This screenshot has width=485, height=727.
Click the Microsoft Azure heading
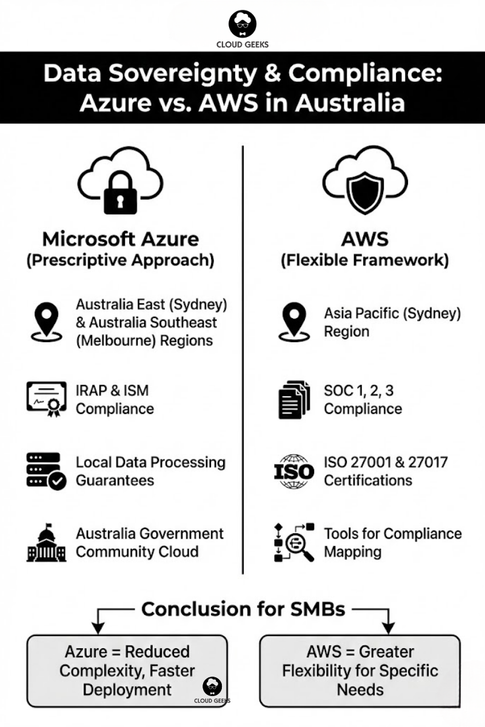(120, 239)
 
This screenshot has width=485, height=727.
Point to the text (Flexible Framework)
(364, 261)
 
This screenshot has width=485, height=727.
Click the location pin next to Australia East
(46, 322)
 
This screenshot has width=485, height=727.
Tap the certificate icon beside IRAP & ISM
(46, 399)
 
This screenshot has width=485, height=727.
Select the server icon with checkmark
(46, 471)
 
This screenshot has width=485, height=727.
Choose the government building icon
(46, 543)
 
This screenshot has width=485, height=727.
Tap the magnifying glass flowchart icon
(294, 542)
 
